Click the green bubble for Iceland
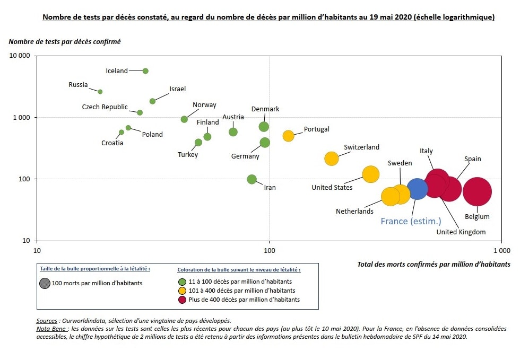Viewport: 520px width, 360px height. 145,71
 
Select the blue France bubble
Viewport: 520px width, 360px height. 417,188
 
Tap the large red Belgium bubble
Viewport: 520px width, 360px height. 477,192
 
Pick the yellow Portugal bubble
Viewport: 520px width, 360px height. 288,136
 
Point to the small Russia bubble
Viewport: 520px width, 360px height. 100,92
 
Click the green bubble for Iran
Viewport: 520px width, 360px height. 252,179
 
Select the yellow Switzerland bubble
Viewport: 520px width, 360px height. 331,159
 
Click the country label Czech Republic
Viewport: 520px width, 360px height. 105,107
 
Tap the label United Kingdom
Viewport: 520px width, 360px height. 461,232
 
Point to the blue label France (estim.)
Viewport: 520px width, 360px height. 411,221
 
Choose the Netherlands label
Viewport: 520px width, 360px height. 354,211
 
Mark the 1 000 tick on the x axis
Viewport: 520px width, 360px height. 501,249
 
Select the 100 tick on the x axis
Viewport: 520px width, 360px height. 269,249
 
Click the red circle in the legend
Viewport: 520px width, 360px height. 182,300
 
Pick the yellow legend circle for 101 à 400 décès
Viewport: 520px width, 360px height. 182,291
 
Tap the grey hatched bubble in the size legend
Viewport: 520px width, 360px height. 45,283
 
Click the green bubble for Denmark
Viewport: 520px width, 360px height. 264,127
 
